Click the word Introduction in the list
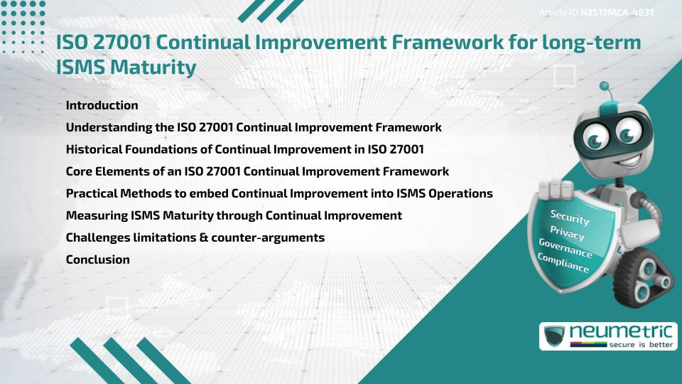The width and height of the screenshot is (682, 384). coord(102,105)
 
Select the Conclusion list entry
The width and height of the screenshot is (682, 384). coord(97,260)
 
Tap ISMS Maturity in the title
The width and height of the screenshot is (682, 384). coord(126,68)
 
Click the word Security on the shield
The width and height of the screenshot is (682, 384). coord(570,217)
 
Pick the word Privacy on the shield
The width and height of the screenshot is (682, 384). coord(567,233)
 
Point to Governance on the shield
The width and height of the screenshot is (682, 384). coord(565,248)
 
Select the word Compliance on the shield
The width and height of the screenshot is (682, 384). coord(563,264)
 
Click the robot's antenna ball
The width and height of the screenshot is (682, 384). coord(605,86)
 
